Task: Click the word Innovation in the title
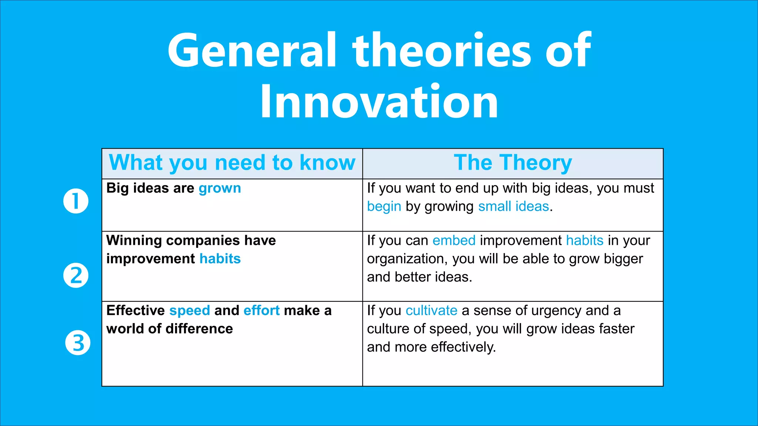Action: [x=379, y=102]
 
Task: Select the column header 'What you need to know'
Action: [x=232, y=163]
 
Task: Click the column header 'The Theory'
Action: [x=513, y=163]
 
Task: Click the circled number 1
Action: [x=76, y=201]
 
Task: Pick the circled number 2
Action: [x=76, y=275]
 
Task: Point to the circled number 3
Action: [x=78, y=343]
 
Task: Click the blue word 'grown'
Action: [x=220, y=189]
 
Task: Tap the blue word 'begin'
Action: [x=384, y=207]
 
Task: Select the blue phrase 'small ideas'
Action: [x=513, y=206]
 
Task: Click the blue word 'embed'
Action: [x=454, y=241]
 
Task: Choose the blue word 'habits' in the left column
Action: [x=220, y=259]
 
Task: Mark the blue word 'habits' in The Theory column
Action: [x=585, y=241]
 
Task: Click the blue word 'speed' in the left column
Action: [x=189, y=311]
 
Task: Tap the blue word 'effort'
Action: [x=261, y=311]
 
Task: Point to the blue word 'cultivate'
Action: [x=431, y=311]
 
